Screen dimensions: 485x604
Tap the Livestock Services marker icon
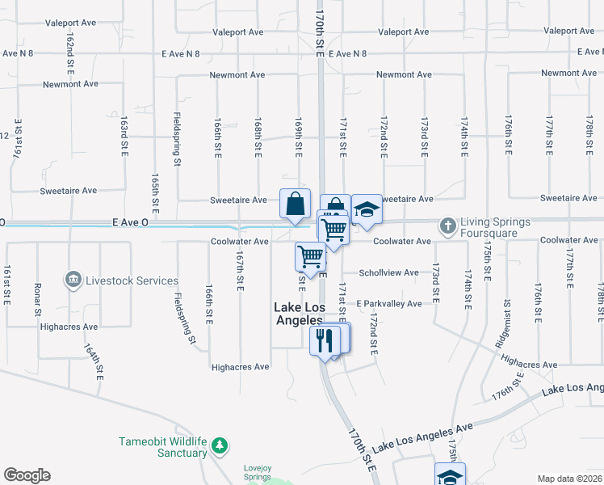click(73, 280)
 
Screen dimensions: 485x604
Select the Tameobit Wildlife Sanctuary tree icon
click(218, 445)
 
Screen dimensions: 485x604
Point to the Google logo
click(27, 475)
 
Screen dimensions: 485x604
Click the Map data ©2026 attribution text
click(569, 479)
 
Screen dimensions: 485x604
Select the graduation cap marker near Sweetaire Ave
click(367, 209)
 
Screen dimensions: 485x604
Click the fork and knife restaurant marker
click(325, 339)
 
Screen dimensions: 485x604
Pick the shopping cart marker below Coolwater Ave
click(310, 257)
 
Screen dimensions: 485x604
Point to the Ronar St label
click(37, 297)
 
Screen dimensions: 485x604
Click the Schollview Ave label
click(388, 272)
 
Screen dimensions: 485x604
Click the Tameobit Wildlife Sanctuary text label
click(163, 447)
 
